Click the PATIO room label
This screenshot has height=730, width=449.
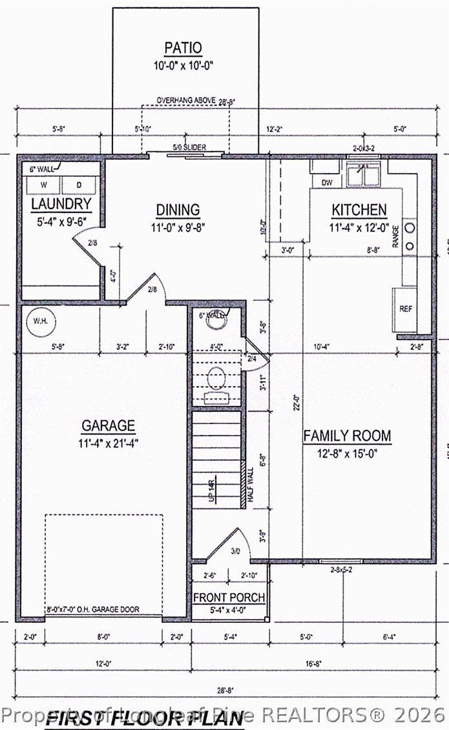pyautogui.click(x=183, y=48)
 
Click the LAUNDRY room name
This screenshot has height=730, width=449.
pyautogui.click(x=61, y=205)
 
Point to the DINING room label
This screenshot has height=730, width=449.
pyautogui.click(x=178, y=210)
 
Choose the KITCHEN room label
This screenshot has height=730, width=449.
pyautogui.click(x=359, y=210)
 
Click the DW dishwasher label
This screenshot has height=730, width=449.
pyautogui.click(x=327, y=183)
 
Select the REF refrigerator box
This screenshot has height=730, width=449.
pyautogui.click(x=405, y=309)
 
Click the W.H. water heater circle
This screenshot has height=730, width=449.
pyautogui.click(x=41, y=321)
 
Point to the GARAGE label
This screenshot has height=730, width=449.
pyautogui.click(x=108, y=426)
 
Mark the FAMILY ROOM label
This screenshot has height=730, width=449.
pyautogui.click(x=347, y=436)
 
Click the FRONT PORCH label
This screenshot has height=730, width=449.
pyautogui.click(x=229, y=598)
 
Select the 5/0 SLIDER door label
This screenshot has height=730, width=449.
pyautogui.click(x=189, y=148)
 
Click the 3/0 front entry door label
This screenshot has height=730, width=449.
pyautogui.click(x=235, y=551)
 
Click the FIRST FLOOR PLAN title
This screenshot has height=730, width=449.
pyautogui.click(x=145, y=718)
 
